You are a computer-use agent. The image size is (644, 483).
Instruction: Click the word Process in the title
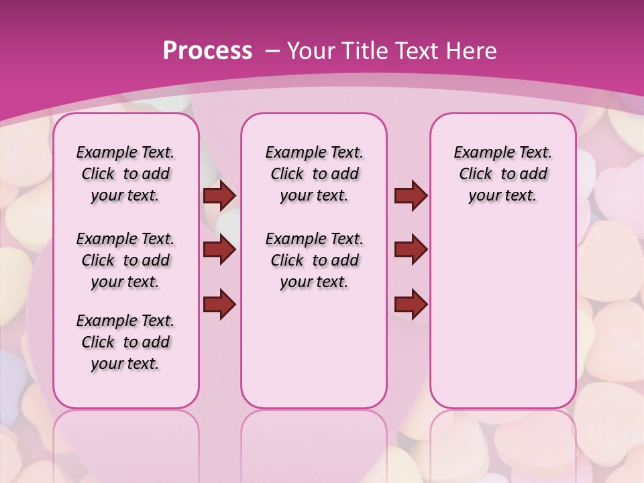coord(207,50)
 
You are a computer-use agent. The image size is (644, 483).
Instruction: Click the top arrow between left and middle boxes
coord(219,195)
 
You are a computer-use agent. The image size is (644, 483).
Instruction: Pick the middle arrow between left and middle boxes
coord(219,250)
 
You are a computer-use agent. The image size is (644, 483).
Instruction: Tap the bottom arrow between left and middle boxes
coord(219,304)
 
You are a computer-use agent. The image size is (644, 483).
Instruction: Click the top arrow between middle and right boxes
coord(411,195)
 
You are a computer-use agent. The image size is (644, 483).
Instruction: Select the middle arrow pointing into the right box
coord(411,250)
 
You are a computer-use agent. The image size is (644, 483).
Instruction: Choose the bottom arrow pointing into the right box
coord(411,304)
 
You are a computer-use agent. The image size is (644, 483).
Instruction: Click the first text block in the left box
coord(125,174)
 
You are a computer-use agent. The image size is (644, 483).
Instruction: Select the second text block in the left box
coord(125,260)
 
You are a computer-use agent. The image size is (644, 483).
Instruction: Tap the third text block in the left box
coord(125,342)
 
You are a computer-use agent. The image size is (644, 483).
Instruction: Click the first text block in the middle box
coord(314,174)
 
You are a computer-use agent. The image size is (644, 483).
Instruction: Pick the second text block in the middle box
coord(314,260)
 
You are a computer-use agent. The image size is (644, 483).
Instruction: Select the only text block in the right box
coord(502,174)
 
